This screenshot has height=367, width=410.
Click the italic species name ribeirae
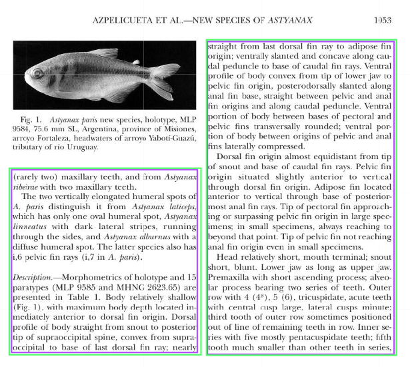(x=28, y=187)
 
